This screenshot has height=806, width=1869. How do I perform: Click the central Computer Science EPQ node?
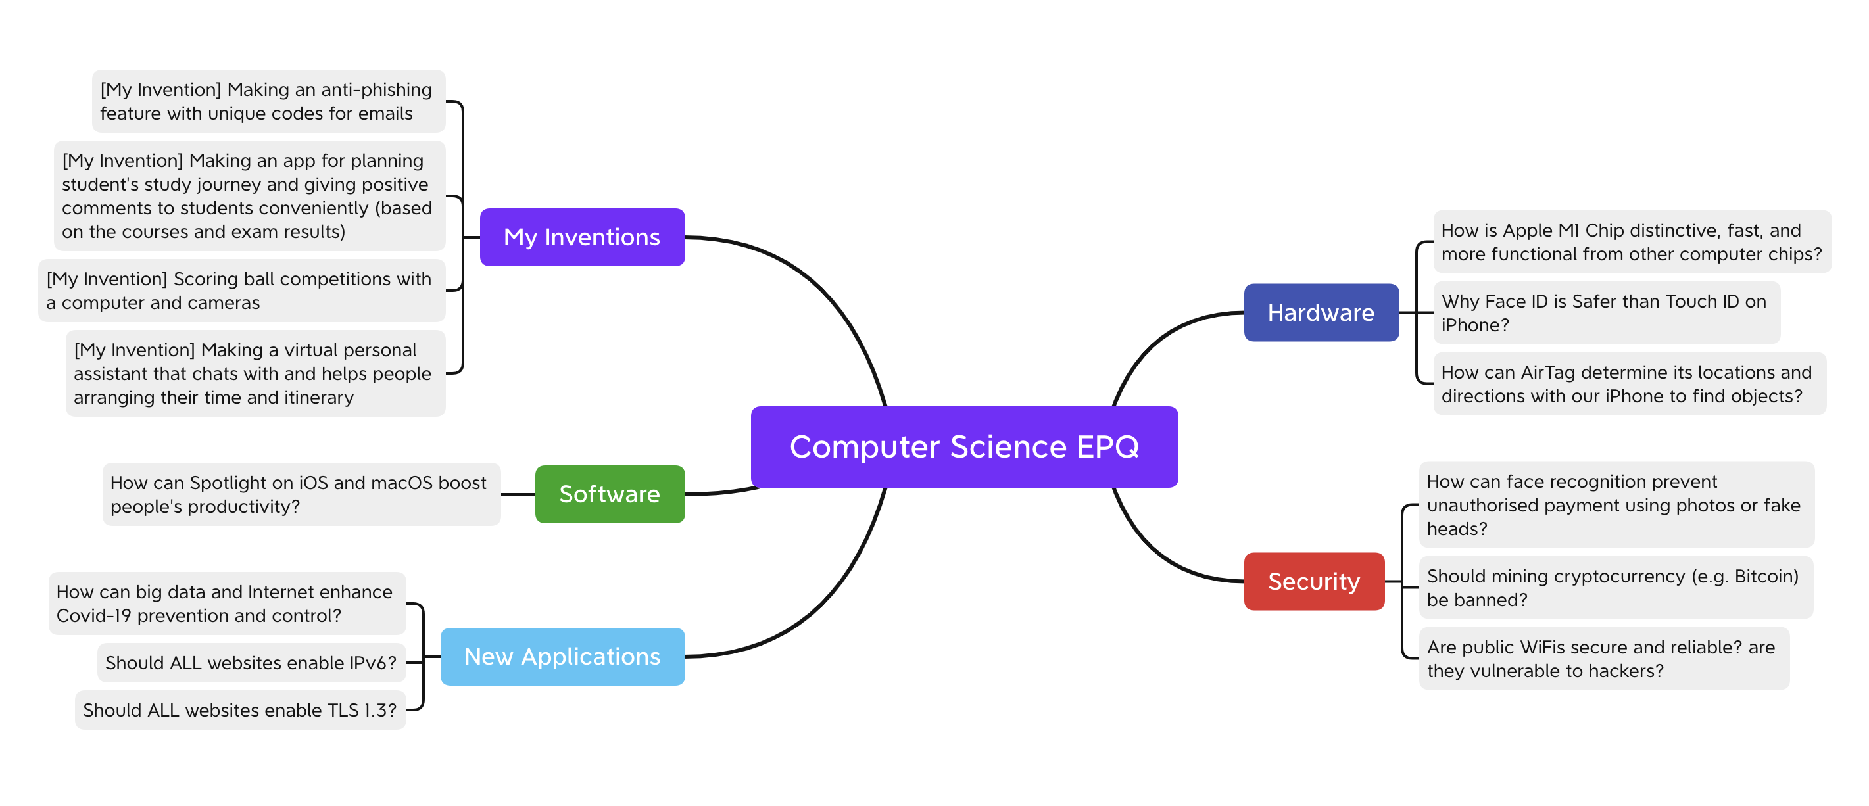963,446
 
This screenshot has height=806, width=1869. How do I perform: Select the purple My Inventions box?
582,237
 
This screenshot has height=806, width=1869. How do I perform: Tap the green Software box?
610,494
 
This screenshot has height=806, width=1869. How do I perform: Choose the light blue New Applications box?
562,657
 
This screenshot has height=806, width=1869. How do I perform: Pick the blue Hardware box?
1321,313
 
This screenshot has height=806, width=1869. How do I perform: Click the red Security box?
1313,581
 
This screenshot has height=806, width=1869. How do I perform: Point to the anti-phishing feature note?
268,101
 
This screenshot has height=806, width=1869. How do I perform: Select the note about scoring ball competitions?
241,290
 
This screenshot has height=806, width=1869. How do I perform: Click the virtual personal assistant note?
255,373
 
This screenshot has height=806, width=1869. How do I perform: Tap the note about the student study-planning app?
249,196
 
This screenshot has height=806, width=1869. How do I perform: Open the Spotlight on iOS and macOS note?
301,494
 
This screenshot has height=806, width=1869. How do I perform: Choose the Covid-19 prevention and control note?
226,604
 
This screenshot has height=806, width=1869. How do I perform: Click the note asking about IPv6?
251,663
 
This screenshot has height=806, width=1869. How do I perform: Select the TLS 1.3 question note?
240,710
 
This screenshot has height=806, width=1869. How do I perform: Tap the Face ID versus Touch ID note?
1606,313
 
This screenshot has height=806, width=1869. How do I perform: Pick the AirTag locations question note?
1629,384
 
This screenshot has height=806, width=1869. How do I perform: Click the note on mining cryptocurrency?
1615,588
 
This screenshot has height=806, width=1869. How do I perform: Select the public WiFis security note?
1603,659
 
